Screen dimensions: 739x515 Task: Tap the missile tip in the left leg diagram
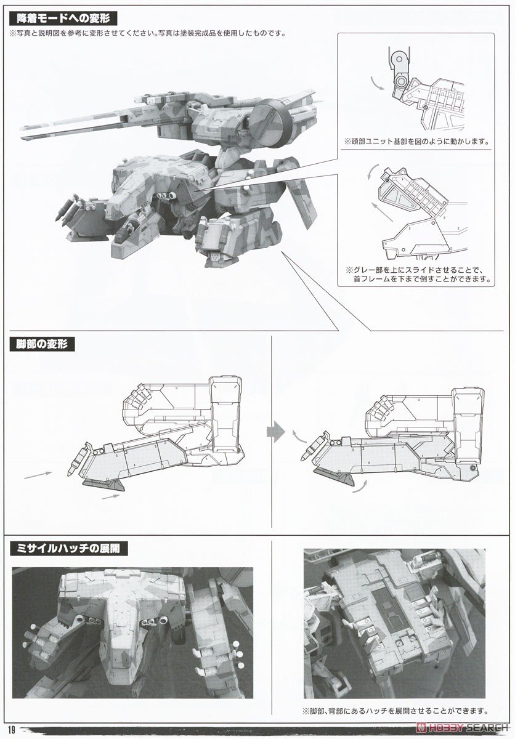click(x=79, y=459)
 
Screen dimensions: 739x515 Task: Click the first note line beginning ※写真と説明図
click(x=148, y=33)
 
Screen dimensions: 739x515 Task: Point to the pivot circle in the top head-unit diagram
click(x=402, y=82)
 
